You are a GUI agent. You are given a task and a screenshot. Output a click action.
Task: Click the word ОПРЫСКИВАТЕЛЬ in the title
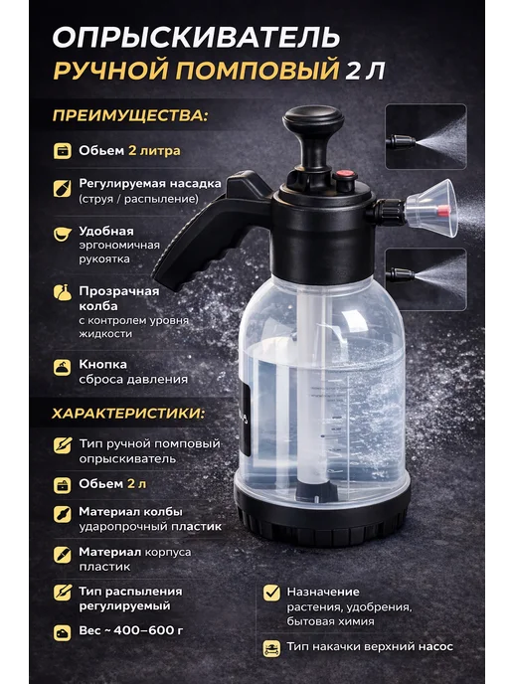coord(196,38)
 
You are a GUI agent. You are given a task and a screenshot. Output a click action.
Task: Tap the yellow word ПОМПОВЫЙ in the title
coord(257,71)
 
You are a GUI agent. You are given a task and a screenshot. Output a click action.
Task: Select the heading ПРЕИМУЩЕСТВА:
coord(130,115)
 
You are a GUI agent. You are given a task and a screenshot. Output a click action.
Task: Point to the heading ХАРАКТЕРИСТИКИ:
coord(128,414)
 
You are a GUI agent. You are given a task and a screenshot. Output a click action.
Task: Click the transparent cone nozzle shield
coord(431,208)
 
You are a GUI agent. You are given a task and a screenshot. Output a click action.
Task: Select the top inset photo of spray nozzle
coord(427,136)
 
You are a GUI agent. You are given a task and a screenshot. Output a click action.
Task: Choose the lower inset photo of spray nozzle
coord(427,279)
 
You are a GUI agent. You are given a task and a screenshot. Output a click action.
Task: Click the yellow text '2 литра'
coord(154,151)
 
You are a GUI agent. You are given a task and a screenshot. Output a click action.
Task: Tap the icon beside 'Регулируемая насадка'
coord(62,189)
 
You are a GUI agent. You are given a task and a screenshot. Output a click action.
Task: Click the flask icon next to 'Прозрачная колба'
coord(63,292)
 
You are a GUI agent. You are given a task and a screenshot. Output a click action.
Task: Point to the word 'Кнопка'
coord(103,364)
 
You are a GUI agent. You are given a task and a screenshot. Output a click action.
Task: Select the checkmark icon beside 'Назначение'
coord(271,592)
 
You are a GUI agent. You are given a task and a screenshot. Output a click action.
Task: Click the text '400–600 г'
coord(148,630)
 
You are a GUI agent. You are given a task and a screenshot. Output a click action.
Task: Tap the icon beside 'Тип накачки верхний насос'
coord(271,648)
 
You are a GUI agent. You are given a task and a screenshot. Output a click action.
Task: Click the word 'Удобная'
coord(106,232)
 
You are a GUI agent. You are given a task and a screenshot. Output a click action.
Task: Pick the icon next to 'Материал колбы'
coord(62,514)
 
